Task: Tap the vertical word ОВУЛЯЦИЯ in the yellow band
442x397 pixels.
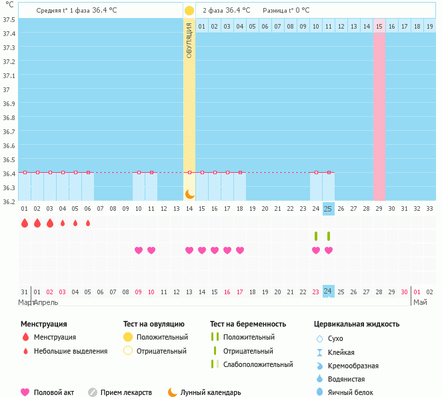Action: point(189,41)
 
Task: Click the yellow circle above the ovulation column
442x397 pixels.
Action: point(189,11)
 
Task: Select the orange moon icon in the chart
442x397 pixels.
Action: point(189,194)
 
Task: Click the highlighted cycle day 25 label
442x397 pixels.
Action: point(328,208)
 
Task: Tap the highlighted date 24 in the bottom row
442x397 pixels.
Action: point(328,291)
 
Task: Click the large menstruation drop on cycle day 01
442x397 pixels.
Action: point(25,223)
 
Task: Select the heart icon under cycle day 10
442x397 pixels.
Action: point(139,250)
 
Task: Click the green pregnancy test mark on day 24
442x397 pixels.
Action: point(316,236)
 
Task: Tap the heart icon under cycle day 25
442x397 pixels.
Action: point(328,250)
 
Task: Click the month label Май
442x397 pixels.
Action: point(420,302)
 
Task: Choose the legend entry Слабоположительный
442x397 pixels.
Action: point(258,364)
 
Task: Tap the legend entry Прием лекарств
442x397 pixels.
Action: point(126,392)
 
